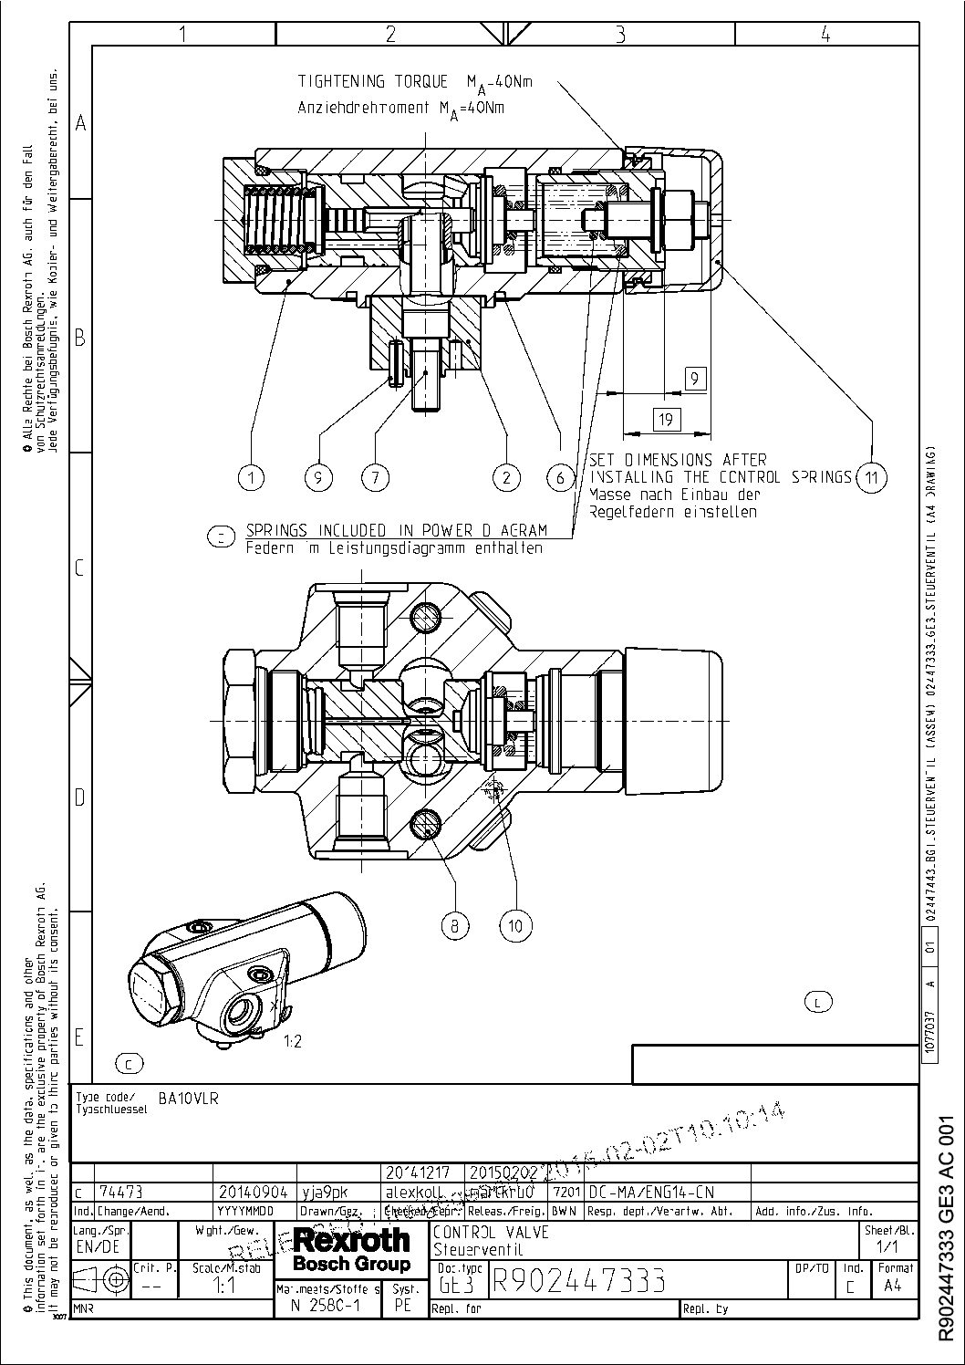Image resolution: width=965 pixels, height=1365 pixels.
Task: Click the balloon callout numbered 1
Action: coord(252,476)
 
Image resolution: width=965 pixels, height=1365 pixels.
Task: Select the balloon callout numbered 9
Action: coord(319,476)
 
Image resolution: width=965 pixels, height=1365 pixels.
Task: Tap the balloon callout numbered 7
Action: coord(374,476)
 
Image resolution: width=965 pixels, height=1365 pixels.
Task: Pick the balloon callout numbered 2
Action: coord(505,476)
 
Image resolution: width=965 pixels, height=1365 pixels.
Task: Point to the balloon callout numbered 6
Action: coord(560,476)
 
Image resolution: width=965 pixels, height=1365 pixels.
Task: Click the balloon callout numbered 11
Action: coord(872,477)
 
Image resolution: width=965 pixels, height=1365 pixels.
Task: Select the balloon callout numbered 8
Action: coord(454,926)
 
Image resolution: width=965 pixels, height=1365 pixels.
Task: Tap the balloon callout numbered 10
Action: coord(515,926)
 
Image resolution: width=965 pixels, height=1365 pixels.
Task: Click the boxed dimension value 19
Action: coord(668,419)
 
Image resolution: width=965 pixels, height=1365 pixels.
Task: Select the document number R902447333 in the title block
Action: coord(577,1281)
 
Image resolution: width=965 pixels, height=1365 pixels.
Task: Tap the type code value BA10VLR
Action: coord(188,1099)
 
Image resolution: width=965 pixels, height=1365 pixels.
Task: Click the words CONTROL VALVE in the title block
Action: coord(490,1233)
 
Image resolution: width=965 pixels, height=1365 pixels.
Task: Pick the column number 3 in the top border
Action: coord(619,35)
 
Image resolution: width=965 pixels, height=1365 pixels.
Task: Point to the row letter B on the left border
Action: coord(80,339)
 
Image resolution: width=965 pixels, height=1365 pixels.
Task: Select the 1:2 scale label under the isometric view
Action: coord(292,1042)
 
